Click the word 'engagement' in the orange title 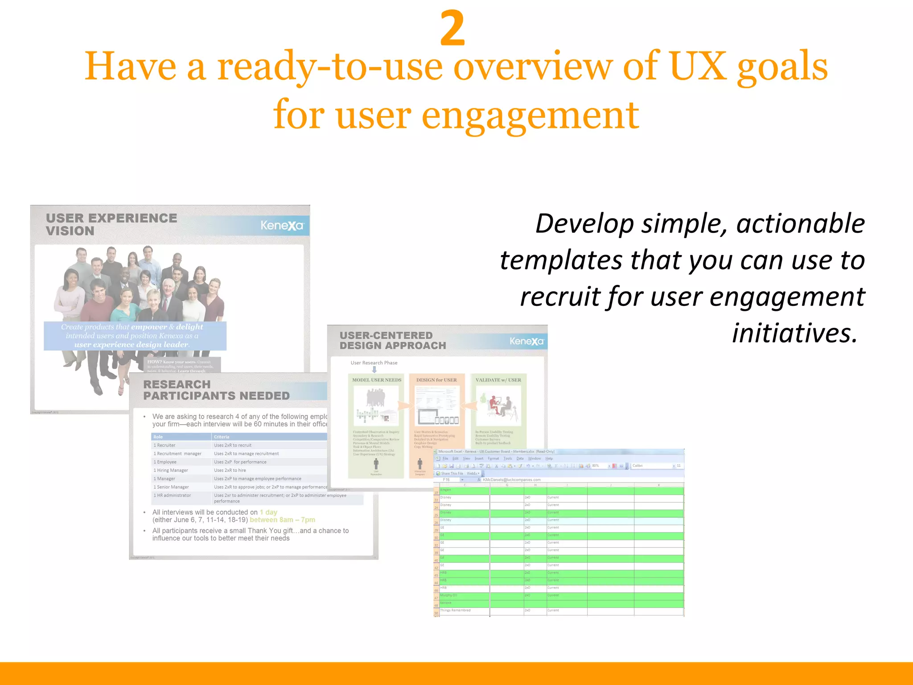coord(530,116)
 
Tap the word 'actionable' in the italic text coord(800,223)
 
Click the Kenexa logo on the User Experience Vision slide coord(282,226)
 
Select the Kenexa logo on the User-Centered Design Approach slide coord(526,342)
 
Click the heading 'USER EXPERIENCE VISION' coord(111,224)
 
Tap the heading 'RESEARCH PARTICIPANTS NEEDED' coord(216,390)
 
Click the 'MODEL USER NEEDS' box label coord(377,380)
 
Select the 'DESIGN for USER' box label coord(436,380)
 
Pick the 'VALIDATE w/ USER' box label coord(498,380)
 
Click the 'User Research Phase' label coord(374,363)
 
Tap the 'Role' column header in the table coord(158,437)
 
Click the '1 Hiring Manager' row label coord(171,470)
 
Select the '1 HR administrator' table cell coord(172,495)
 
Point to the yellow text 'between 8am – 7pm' coord(282,520)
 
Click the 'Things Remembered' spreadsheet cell coord(455,611)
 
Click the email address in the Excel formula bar coord(511,480)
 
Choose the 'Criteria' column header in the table coord(222,437)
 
